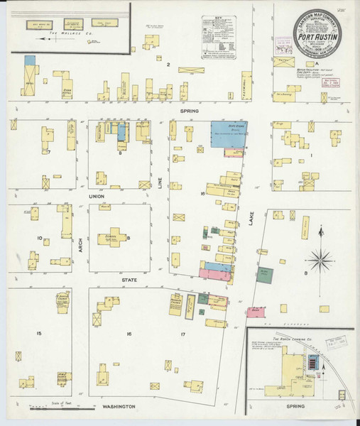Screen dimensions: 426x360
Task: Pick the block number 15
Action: pyautogui.click(x=39, y=333)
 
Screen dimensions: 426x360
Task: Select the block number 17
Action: pyautogui.click(x=182, y=333)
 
